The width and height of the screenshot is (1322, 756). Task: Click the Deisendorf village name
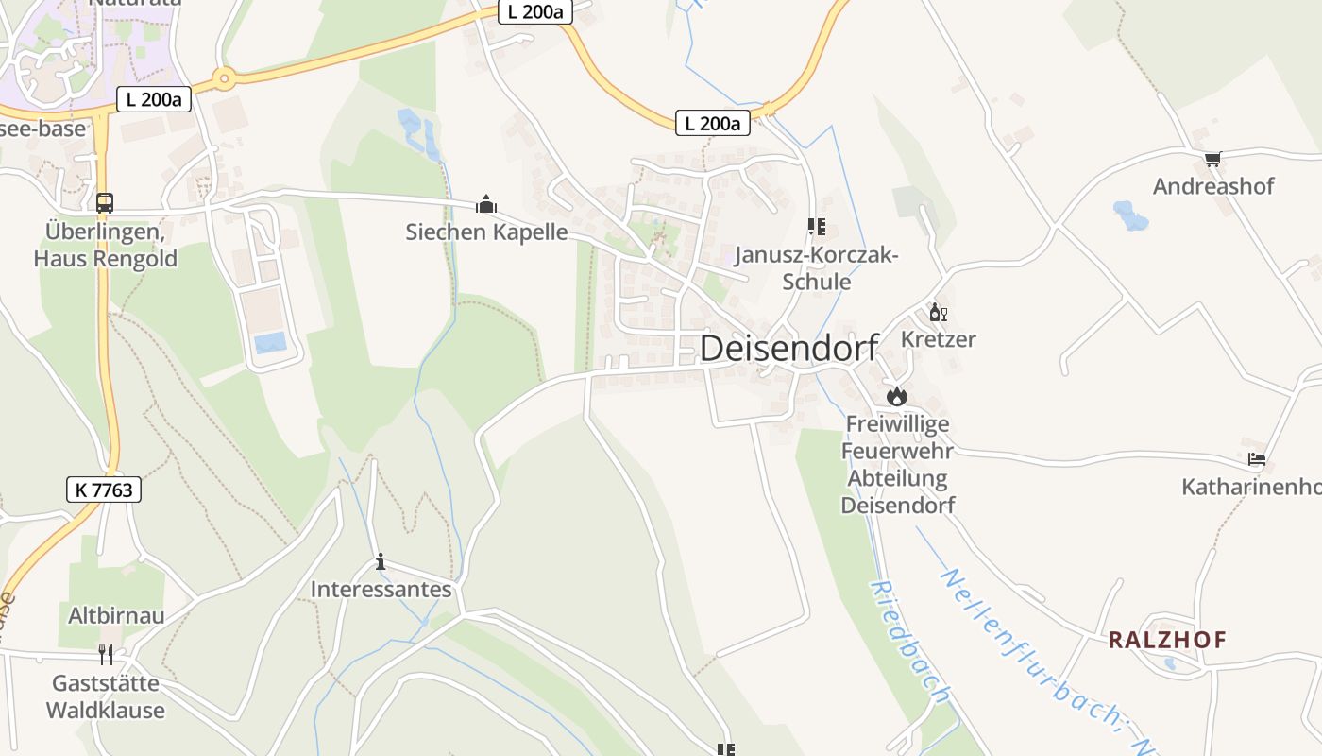click(789, 348)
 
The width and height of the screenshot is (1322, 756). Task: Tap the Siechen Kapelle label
click(486, 232)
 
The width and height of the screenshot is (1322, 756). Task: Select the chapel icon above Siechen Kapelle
click(486, 203)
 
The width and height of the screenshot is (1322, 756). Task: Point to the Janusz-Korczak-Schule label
click(817, 268)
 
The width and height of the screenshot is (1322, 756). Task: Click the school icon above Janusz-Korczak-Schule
click(817, 227)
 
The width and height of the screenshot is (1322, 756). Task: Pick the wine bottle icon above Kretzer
click(938, 313)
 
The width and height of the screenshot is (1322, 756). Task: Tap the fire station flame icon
click(896, 396)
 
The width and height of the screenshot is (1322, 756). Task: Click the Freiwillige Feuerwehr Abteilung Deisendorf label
click(897, 464)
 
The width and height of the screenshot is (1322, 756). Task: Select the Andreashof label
click(1213, 185)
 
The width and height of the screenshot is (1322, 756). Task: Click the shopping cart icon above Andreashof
click(1212, 159)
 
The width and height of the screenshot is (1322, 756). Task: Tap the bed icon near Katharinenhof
click(1256, 460)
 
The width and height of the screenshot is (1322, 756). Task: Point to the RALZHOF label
click(1167, 640)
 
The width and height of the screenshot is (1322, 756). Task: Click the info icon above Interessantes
click(381, 562)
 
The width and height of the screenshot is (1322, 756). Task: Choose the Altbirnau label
click(116, 615)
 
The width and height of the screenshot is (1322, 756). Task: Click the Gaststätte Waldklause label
click(106, 696)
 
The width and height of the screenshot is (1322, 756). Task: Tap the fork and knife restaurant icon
click(106, 654)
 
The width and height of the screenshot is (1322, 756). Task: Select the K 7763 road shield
click(104, 489)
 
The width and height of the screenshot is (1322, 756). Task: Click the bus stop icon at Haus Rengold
click(105, 202)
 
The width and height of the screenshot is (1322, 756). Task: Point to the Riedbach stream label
click(908, 643)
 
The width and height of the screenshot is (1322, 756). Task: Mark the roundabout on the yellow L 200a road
click(223, 79)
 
